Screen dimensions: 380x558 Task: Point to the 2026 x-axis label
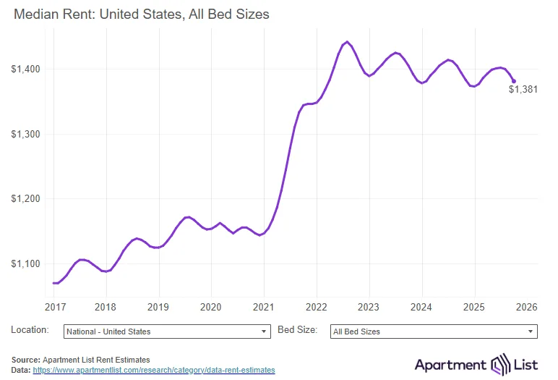[526, 307]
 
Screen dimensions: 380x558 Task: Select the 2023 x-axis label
[369, 307]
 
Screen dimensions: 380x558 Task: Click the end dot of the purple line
[514, 81]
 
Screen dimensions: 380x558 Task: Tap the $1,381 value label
[523, 90]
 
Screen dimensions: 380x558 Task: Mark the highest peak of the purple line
[347, 42]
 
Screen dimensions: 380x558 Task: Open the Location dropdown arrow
[264, 332]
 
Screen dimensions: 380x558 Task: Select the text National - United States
[108, 332]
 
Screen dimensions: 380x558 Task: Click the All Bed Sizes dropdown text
[356, 332]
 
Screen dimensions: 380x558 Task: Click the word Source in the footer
[25, 360]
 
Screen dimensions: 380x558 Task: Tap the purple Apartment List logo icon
[501, 363]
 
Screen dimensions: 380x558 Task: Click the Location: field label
[30, 330]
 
